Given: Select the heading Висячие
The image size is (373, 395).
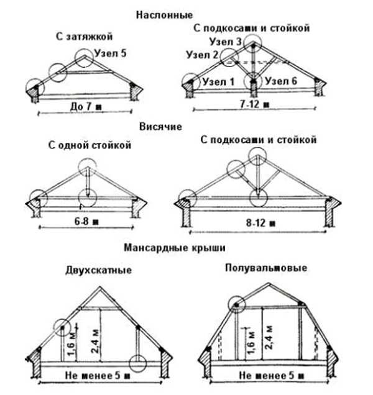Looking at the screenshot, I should click(161, 127).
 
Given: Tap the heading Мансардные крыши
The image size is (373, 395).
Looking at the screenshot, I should click(175, 247).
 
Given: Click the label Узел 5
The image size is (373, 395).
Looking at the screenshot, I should click(111, 54).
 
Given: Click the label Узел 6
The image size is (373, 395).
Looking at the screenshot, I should click(280, 81).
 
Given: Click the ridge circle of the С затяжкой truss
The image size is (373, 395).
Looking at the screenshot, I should click(84, 58).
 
